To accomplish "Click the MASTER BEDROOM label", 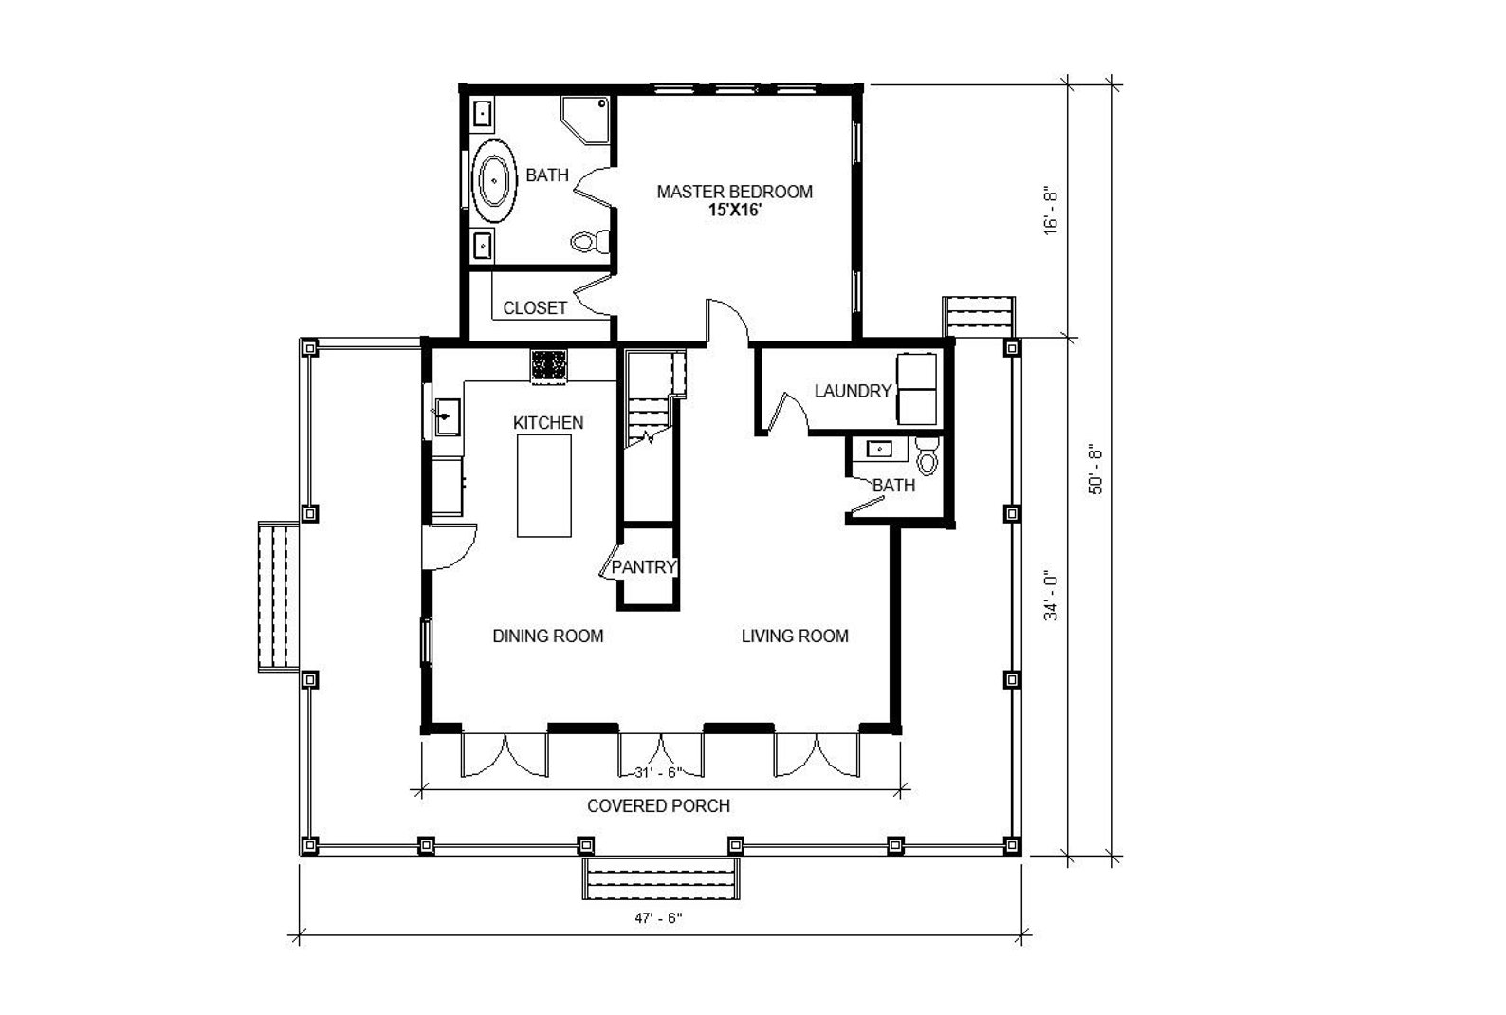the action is coord(734,192).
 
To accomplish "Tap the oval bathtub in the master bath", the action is coord(495,181).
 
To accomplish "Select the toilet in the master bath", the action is coord(590,241).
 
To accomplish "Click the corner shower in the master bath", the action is coord(585,120).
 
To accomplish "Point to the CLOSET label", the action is coord(535,308).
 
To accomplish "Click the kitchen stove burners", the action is coord(549,365).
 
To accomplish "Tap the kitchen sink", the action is coord(447,417).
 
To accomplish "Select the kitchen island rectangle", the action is coord(544,486).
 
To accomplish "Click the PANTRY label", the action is coord(643,567).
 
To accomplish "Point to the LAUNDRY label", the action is coord(854,391).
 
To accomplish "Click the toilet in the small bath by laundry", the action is coord(927,455).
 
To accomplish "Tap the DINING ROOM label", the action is coord(548,637).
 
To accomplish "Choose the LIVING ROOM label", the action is coord(795,637).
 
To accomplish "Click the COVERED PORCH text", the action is coord(658,805).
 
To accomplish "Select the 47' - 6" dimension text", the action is coord(658,918).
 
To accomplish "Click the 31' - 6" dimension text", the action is coord(658,773).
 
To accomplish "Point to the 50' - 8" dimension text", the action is coord(1096,469).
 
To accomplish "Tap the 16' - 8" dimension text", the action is coord(1050,211).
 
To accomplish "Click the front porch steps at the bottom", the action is coord(661,878).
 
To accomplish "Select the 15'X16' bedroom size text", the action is coord(734,210).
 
